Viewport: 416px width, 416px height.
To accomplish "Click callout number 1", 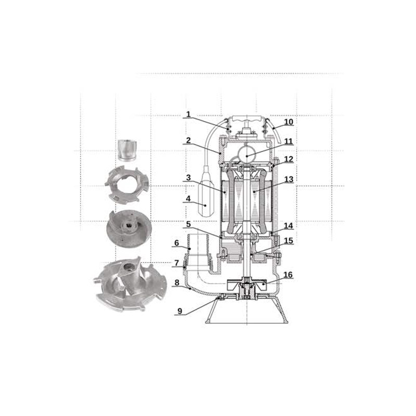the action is click(188, 114).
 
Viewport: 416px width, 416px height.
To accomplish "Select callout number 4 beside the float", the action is click(188, 199).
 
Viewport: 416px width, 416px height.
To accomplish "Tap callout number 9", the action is click(180, 310).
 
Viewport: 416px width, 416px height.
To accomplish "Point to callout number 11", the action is click(289, 141).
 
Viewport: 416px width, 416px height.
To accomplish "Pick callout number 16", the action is click(288, 275).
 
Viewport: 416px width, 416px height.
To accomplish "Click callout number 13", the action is click(289, 179).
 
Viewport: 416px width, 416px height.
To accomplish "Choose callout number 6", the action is click(177, 243).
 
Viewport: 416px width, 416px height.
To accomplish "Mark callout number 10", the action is click(289, 122).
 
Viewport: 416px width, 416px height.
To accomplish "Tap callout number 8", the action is click(177, 282).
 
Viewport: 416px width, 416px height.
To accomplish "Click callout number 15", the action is click(289, 241).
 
